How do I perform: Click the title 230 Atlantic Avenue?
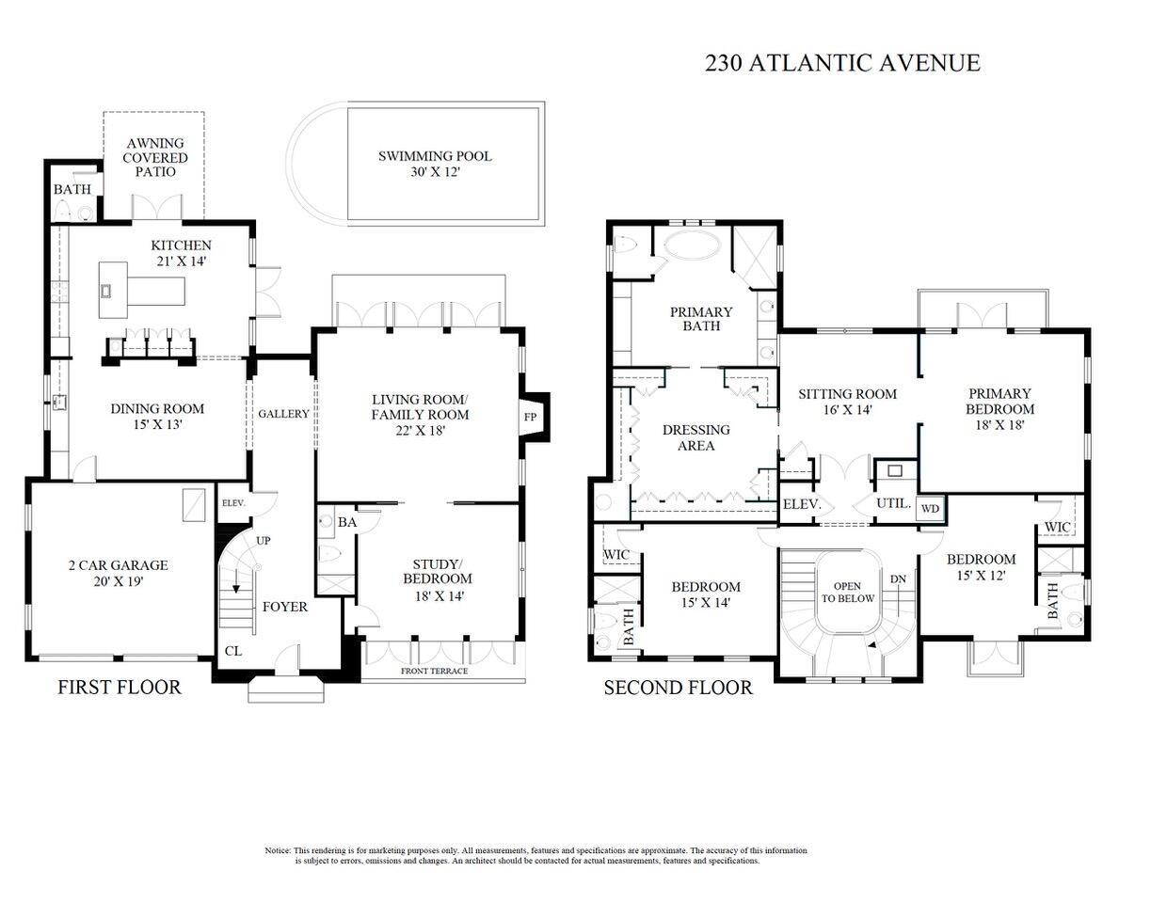842,63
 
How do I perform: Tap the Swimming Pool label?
435,164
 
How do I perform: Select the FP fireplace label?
530,417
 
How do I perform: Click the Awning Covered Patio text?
155,158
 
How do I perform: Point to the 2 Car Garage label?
118,573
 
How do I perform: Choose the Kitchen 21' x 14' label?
181,253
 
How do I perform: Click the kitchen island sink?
106,290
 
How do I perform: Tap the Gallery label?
283,414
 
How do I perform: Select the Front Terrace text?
434,671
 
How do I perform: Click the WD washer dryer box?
930,509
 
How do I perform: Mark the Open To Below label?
847,593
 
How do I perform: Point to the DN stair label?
899,579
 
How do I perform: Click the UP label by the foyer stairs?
264,541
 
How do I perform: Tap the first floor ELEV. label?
233,503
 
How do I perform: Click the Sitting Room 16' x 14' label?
847,402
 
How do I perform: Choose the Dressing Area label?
695,437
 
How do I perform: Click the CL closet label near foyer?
232,650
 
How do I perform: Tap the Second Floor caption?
678,688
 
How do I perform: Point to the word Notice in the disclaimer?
278,850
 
